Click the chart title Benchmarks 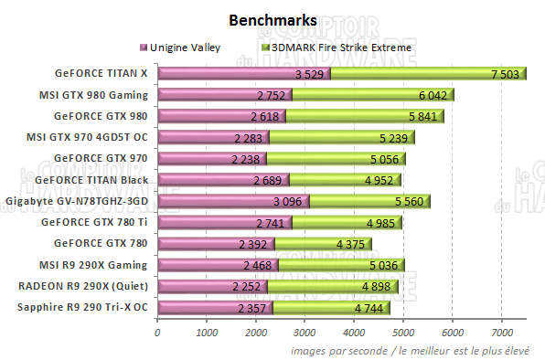click(x=273, y=19)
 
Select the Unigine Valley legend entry click(x=183, y=46)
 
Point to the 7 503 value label click(x=506, y=74)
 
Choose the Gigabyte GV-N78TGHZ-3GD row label click(x=76, y=200)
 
